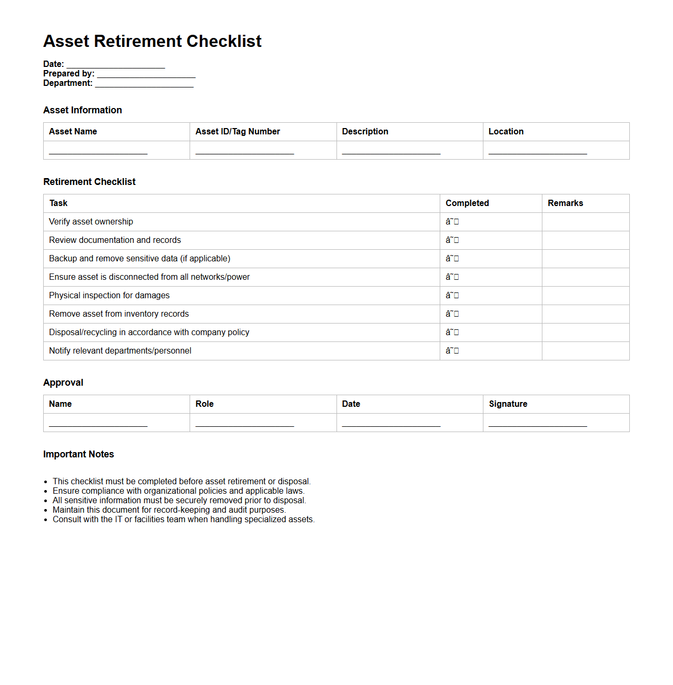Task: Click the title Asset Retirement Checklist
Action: tap(152, 41)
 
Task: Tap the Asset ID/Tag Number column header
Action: tap(237, 132)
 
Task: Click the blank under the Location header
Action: tap(537, 151)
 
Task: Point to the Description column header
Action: tap(365, 132)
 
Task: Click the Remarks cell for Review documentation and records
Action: tap(585, 240)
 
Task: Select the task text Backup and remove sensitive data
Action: tap(140, 259)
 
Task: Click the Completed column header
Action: tap(467, 203)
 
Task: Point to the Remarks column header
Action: tap(565, 203)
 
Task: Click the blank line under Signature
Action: tap(537, 424)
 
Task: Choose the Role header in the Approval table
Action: tap(204, 404)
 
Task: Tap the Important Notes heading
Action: tap(78, 454)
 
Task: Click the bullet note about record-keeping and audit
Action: tap(169, 510)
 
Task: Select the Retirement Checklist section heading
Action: tap(90, 182)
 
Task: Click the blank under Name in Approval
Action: tap(98, 424)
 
